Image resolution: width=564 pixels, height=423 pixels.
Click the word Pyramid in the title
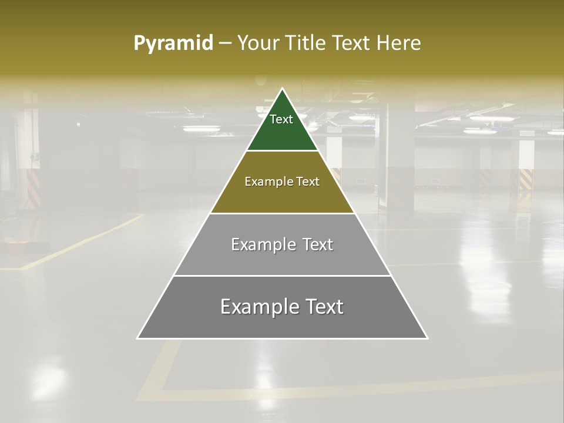coord(173,43)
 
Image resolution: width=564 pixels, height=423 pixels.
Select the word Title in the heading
coord(307,43)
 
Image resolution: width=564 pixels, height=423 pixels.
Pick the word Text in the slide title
coord(352,43)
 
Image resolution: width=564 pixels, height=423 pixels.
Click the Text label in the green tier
coord(281,119)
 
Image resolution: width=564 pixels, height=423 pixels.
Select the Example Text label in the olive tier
coord(282,182)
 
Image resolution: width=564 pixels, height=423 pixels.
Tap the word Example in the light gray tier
coord(262,244)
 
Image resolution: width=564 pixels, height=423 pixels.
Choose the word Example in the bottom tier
coord(256,307)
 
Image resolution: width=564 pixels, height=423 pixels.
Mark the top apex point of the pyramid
coord(283,89)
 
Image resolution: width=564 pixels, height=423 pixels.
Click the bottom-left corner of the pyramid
coord(138,338)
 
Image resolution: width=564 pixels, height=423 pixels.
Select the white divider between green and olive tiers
coord(283,151)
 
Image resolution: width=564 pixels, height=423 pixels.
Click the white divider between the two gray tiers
coord(283,276)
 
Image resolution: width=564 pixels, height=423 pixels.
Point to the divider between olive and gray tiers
coord(283,213)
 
